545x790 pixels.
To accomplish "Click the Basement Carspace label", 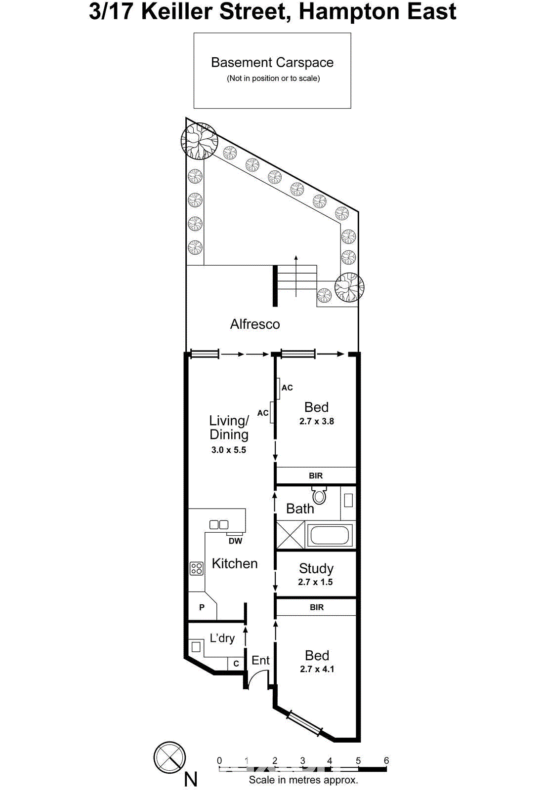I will click(x=272, y=63).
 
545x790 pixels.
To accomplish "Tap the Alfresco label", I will click(x=255, y=324).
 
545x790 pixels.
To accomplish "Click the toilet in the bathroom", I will click(x=319, y=495).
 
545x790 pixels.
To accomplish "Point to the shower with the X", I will click(x=290, y=535).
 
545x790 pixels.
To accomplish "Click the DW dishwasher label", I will click(x=235, y=541).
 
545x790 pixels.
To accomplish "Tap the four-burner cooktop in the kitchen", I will click(x=196, y=569).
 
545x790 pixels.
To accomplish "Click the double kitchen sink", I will click(x=218, y=524).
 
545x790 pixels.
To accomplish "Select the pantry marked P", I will click(x=202, y=607).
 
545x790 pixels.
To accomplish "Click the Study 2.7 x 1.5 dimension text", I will click(x=315, y=582).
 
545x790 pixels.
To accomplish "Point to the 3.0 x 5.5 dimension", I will click(x=228, y=450).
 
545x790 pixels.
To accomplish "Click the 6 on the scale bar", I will click(x=386, y=761).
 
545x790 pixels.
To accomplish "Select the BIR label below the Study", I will click(x=316, y=607).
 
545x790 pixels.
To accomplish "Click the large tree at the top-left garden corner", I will click(x=199, y=141).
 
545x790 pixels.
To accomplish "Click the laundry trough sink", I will click(x=196, y=646).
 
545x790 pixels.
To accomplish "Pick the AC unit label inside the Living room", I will click(x=263, y=413).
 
